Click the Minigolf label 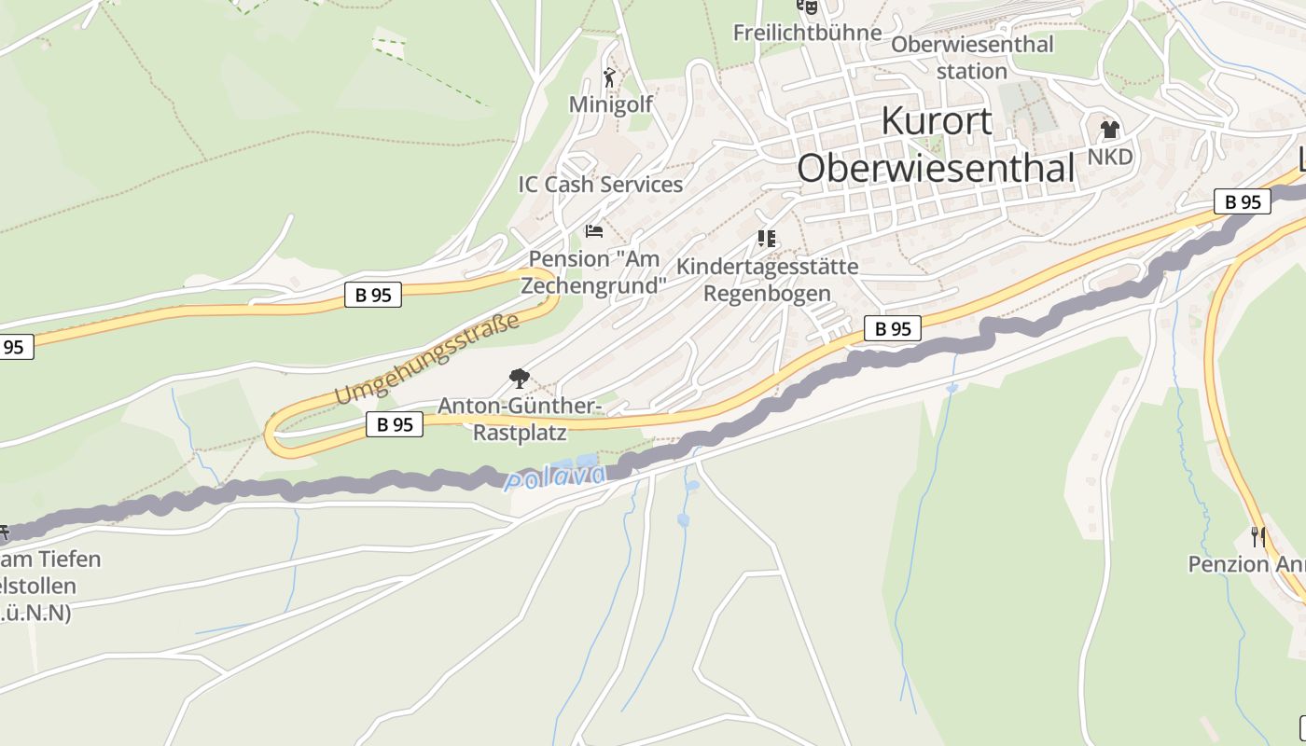[611, 104]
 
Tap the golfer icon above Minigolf [610, 77]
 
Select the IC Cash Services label [601, 185]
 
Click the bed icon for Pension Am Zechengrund [594, 230]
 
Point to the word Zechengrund [594, 284]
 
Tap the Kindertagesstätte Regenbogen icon [767, 239]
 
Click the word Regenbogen [767, 293]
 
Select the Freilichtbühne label [807, 33]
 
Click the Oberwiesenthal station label [972, 57]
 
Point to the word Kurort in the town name [937, 122]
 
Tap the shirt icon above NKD [1109, 130]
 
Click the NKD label [1110, 156]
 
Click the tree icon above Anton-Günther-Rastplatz [520, 379]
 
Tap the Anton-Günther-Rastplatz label [519, 419]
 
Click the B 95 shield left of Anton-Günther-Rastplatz [394, 424]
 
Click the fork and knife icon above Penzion [1258, 536]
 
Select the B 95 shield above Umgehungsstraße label [373, 295]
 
